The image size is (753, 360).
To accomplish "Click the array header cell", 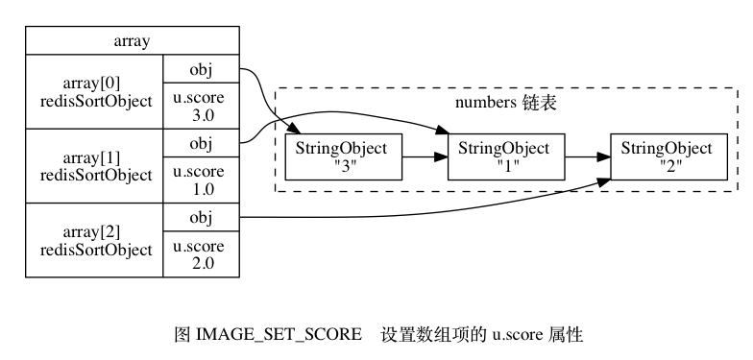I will click(x=132, y=42).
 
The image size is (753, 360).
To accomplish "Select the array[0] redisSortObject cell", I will click(x=94, y=93).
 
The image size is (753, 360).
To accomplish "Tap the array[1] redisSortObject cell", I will click(x=94, y=166).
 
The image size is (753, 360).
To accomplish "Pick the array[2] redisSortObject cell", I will click(x=94, y=240).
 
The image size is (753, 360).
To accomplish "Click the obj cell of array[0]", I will click(x=201, y=70).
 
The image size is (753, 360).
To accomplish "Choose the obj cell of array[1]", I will click(x=201, y=144).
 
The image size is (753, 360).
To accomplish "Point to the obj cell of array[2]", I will click(x=201, y=218).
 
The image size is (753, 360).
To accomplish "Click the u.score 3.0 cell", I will click(x=201, y=106).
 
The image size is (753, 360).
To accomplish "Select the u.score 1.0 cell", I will click(x=201, y=180).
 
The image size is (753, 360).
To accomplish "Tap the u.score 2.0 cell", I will click(x=201, y=253).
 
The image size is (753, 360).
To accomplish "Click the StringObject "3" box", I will click(x=343, y=156).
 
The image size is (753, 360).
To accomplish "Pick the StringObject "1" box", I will click(x=505, y=156).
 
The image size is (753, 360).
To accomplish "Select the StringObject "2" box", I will click(x=668, y=156).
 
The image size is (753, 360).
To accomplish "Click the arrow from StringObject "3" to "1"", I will click(x=425, y=156).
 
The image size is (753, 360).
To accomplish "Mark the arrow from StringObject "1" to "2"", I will click(x=587, y=156).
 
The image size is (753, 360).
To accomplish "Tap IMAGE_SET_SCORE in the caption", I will click(x=279, y=335).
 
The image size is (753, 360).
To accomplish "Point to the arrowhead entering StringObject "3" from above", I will click(x=294, y=128).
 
